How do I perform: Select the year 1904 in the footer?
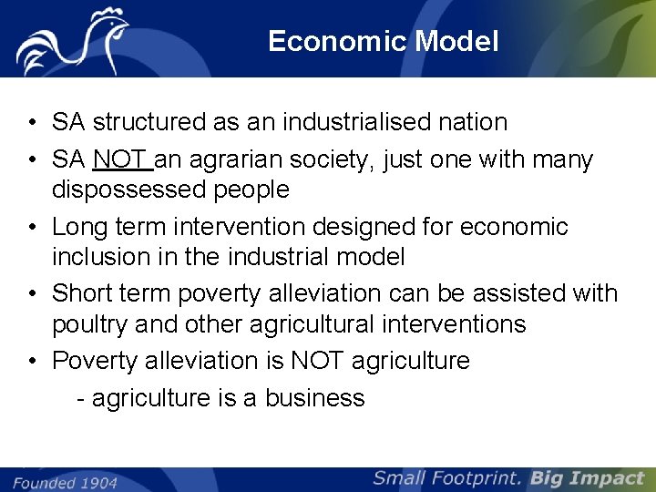click(97, 482)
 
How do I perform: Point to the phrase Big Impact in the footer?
click(587, 478)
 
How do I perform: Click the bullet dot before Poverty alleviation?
click(32, 361)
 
